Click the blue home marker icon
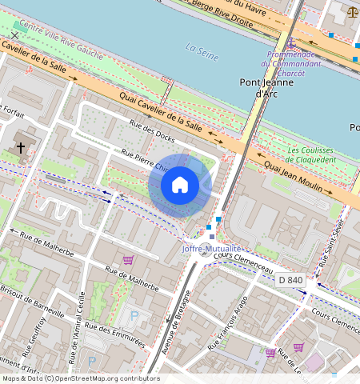pyautogui.click(x=180, y=185)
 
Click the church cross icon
pyautogui.click(x=21, y=148)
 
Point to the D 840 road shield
pyautogui.click(x=290, y=280)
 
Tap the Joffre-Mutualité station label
pyautogui.click(x=212, y=249)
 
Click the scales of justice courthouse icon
pyautogui.click(x=353, y=12)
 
